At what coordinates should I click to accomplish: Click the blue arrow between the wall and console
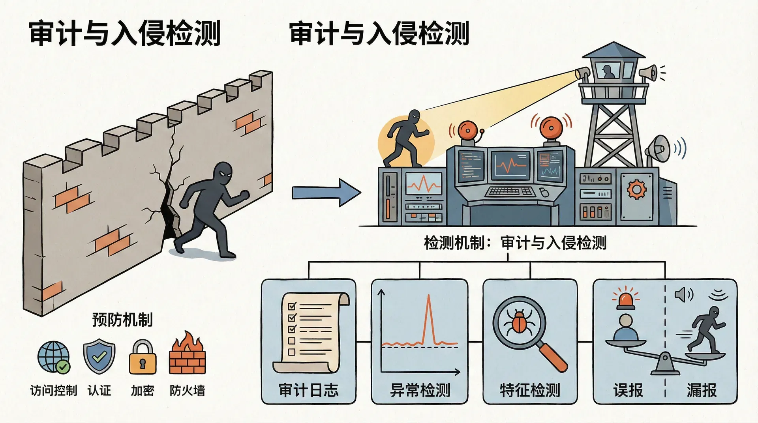point(326,193)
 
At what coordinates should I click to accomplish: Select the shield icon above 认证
point(99,357)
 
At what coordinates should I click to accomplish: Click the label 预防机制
point(122,320)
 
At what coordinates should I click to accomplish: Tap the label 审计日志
point(309,390)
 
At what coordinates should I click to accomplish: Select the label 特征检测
point(530,390)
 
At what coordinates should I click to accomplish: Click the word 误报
point(628,390)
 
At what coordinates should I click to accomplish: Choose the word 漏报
point(702,390)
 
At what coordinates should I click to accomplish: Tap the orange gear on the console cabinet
point(636,189)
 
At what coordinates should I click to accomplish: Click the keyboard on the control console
point(508,192)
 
